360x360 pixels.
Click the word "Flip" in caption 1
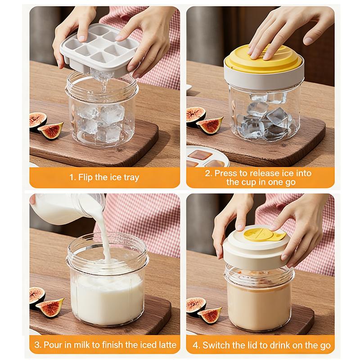pyautogui.click(x=86, y=177)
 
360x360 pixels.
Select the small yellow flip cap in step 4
pyautogui.click(x=265, y=234)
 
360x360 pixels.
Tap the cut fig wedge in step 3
pyautogui.click(x=50, y=307)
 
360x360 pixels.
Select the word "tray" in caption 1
pyautogui.click(x=131, y=178)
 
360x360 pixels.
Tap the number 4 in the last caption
pyautogui.click(x=196, y=345)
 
